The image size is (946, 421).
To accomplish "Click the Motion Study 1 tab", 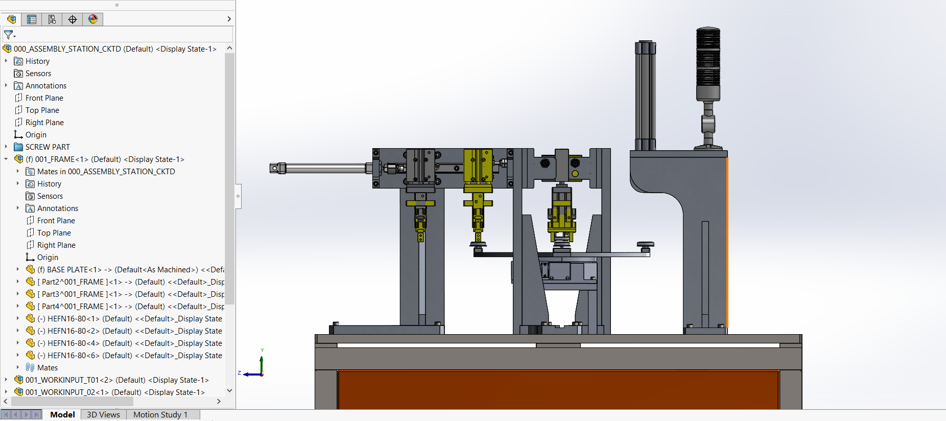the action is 160,414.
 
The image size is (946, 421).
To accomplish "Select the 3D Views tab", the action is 103,414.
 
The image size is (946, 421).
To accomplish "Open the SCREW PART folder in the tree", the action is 48,147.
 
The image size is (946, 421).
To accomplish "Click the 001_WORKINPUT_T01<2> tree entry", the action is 117,380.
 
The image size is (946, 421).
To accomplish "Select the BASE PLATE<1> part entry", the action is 130,270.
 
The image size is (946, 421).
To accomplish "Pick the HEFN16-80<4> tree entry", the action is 130,343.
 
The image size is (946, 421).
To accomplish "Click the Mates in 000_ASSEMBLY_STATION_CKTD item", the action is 106,172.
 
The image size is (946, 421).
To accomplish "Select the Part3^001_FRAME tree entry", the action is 130,294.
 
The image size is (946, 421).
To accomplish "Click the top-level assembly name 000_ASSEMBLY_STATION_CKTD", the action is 67,49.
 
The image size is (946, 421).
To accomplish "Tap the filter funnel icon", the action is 9,35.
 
